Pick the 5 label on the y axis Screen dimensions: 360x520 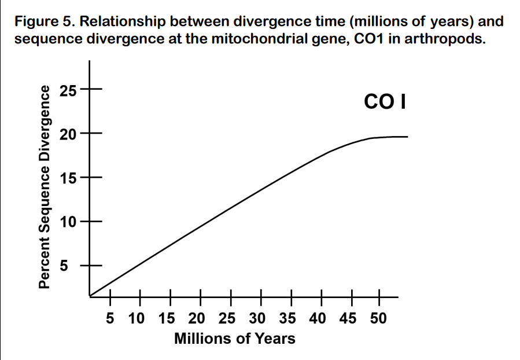(x=65, y=266)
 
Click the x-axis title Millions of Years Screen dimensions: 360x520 (x=234, y=338)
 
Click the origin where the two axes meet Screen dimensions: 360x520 (x=90, y=296)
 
